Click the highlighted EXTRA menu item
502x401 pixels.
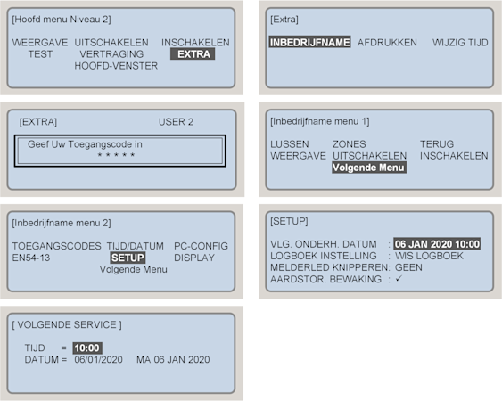pyautogui.click(x=193, y=54)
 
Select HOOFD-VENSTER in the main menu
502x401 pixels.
pyautogui.click(x=116, y=66)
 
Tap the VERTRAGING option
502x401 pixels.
pyautogui.click(x=111, y=54)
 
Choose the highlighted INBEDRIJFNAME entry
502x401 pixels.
pyautogui.click(x=309, y=42)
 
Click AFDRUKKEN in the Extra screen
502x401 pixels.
pyautogui.click(x=387, y=42)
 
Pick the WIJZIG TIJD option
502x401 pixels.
pyautogui.click(x=460, y=42)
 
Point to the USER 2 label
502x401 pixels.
pyautogui.click(x=176, y=121)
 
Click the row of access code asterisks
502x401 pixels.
pyautogui.click(x=116, y=155)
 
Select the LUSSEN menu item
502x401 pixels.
pyautogui.click(x=290, y=144)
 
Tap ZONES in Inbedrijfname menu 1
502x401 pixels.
pyautogui.click(x=349, y=144)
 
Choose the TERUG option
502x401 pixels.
pyautogui.click(x=437, y=144)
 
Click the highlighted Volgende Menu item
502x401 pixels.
pyautogui.click(x=369, y=168)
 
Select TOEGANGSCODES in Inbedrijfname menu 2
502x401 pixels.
pyautogui.click(x=57, y=246)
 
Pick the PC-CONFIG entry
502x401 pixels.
pyautogui.click(x=201, y=246)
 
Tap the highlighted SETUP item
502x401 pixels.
pyautogui.click(x=128, y=258)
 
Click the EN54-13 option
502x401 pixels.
pyautogui.click(x=31, y=258)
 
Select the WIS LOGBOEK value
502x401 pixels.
pyautogui.click(x=429, y=256)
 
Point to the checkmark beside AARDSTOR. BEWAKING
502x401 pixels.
pyautogui.click(x=399, y=279)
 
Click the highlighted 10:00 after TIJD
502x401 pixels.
pyautogui.click(x=87, y=348)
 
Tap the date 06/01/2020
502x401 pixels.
pyautogui.click(x=98, y=359)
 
